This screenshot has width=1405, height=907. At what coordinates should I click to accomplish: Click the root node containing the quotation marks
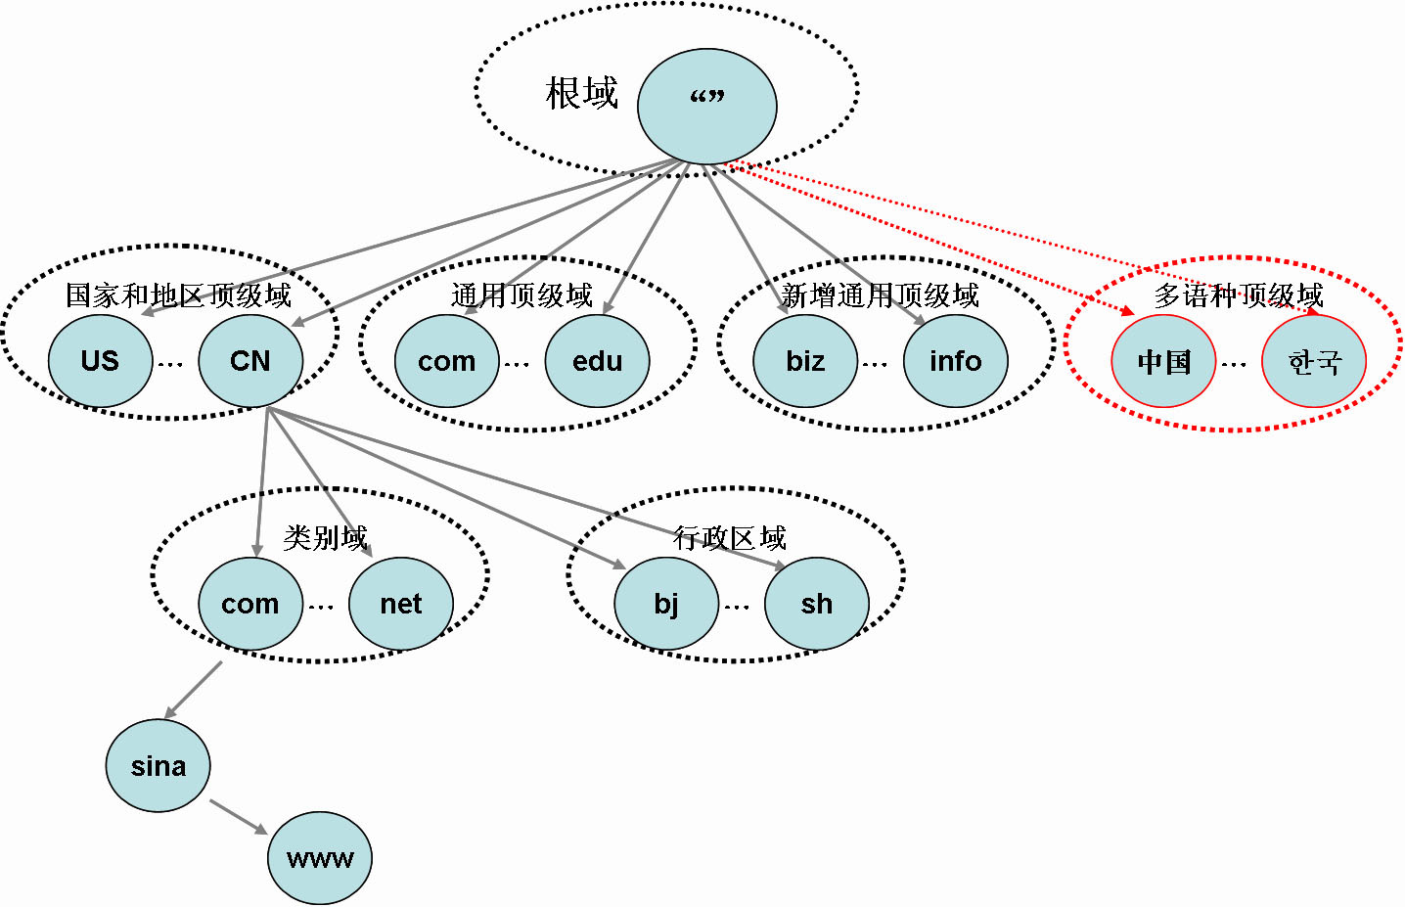click(x=706, y=106)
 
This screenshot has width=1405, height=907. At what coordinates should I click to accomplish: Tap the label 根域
click(x=582, y=94)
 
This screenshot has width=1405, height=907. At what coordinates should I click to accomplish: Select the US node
click(x=101, y=361)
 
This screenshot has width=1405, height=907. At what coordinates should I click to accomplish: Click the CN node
click(x=250, y=361)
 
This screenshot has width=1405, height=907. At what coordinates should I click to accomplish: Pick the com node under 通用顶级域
click(x=447, y=361)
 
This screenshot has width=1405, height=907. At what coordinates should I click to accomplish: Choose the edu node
click(x=597, y=361)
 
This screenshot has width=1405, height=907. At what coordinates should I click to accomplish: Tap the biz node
click(x=805, y=361)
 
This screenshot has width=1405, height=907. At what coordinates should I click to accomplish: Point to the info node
click(x=955, y=361)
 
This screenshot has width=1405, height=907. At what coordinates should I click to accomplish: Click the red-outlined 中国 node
click(x=1163, y=362)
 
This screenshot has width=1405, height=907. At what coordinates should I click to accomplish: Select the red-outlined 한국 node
click(x=1314, y=362)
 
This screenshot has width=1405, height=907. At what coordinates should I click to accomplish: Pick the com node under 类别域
click(x=250, y=604)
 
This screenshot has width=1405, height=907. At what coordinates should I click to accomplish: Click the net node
click(x=401, y=604)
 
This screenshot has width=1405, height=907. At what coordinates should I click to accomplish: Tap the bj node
click(x=666, y=604)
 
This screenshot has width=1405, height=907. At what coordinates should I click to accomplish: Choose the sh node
click(x=817, y=604)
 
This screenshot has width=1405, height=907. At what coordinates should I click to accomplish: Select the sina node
click(x=158, y=766)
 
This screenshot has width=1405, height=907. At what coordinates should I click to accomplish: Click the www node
click(x=320, y=858)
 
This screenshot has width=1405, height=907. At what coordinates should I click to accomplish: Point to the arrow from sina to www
click(x=238, y=816)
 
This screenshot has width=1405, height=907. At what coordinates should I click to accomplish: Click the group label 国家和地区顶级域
click(x=178, y=295)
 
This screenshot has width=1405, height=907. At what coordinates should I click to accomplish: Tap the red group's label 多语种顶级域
click(x=1238, y=295)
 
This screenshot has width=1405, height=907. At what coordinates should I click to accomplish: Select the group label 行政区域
click(x=729, y=537)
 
